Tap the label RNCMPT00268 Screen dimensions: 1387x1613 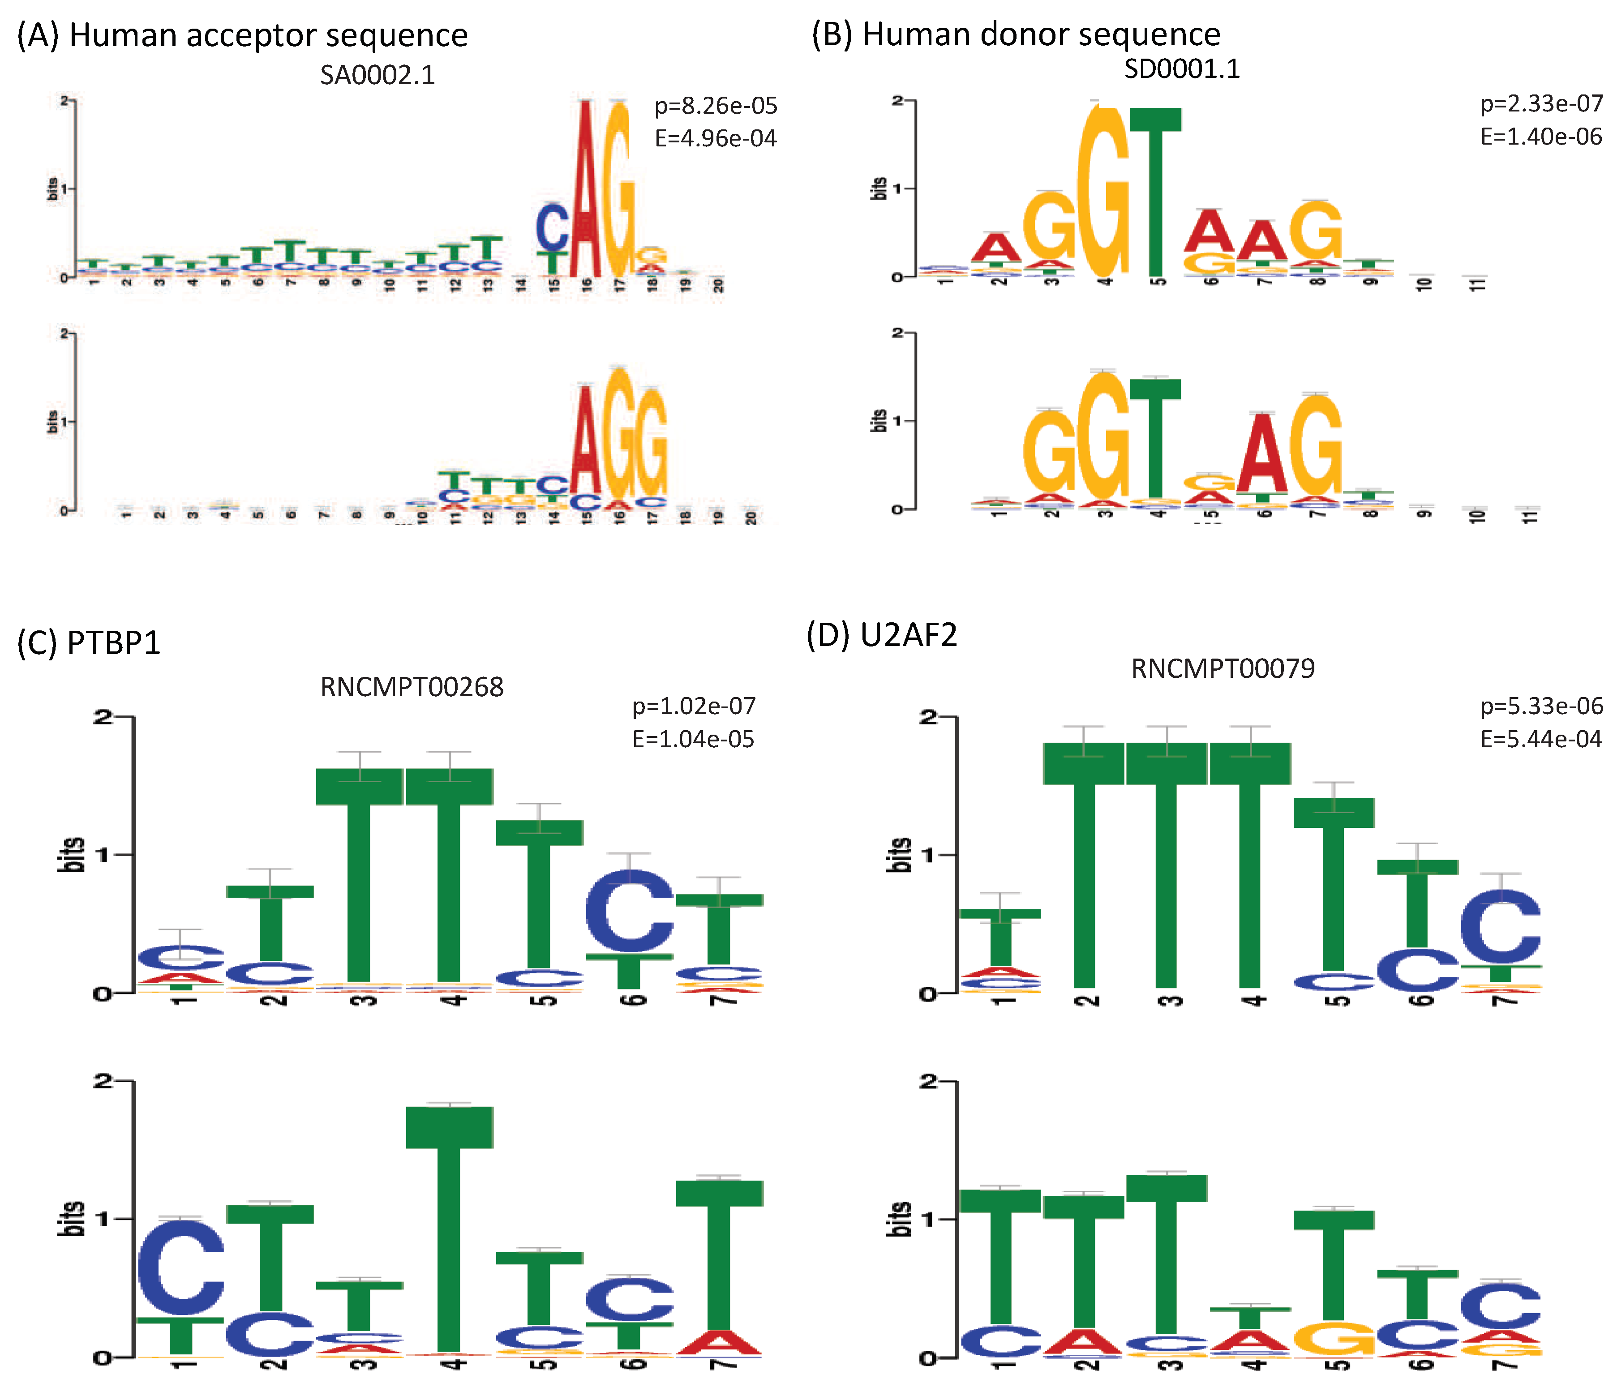click(x=412, y=686)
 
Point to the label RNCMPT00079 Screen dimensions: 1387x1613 click(x=1222, y=668)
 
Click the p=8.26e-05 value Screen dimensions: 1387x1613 click(x=716, y=106)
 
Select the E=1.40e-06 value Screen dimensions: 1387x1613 click(x=1540, y=137)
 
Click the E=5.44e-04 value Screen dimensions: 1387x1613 click(x=1540, y=739)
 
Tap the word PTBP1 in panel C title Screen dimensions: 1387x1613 click(x=114, y=643)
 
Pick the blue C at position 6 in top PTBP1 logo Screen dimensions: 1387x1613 click(x=629, y=911)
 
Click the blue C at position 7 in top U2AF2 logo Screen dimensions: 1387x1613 click(x=1500, y=926)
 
